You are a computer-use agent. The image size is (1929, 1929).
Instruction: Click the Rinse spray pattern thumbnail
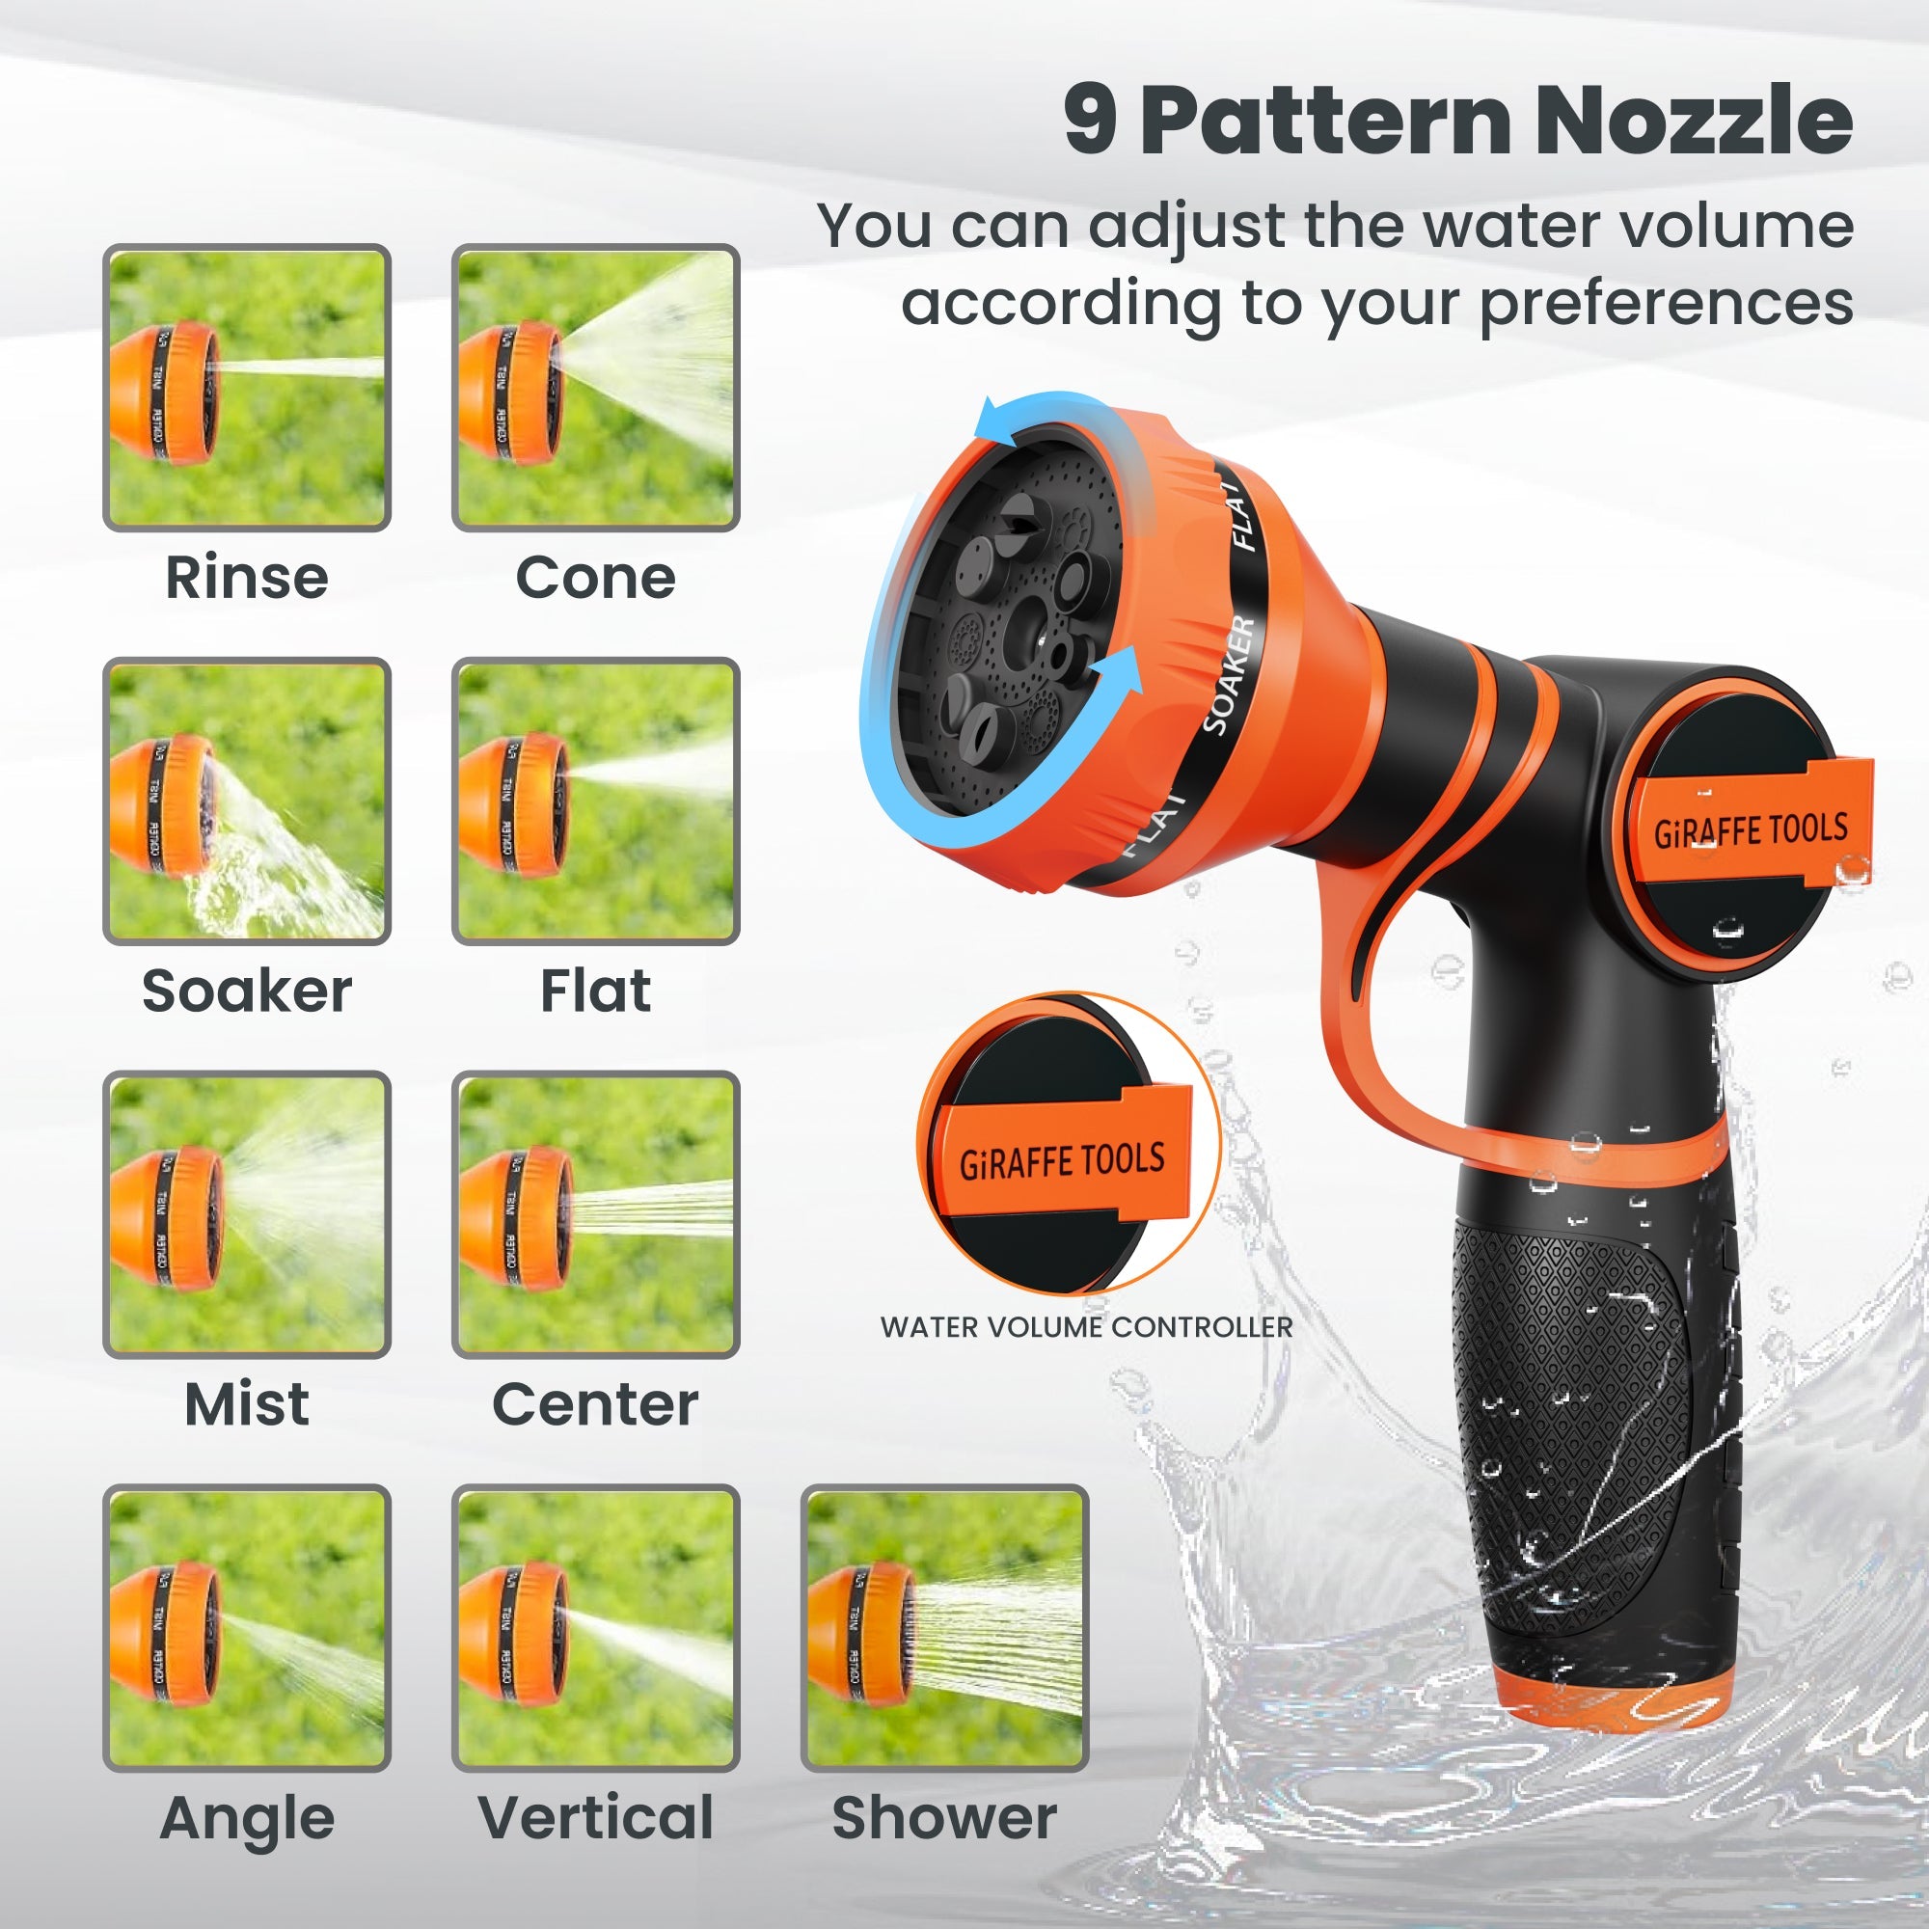click(x=247, y=388)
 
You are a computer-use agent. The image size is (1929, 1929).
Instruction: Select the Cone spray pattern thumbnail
click(x=595, y=388)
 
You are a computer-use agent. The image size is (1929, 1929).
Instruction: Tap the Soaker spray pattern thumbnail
click(x=247, y=801)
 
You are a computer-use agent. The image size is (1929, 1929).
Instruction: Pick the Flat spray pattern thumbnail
click(x=595, y=801)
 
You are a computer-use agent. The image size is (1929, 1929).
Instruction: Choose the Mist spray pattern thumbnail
click(x=247, y=1214)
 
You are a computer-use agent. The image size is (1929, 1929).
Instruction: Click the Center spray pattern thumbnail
click(x=595, y=1214)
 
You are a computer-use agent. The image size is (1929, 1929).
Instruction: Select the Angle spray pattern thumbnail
click(x=247, y=1627)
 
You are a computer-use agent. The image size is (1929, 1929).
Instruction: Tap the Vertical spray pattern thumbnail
click(x=595, y=1627)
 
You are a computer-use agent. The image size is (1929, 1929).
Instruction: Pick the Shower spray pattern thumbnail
click(x=944, y=1627)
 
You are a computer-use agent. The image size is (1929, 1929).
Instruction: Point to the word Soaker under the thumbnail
click(x=247, y=991)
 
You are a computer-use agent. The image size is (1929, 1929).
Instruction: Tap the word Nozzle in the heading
click(x=1694, y=122)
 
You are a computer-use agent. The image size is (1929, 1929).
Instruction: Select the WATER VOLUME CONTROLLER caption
click(x=1086, y=1327)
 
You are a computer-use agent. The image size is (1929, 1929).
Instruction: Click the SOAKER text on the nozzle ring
click(x=1229, y=675)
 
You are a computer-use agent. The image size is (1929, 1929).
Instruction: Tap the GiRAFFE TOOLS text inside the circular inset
click(x=1062, y=1161)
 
